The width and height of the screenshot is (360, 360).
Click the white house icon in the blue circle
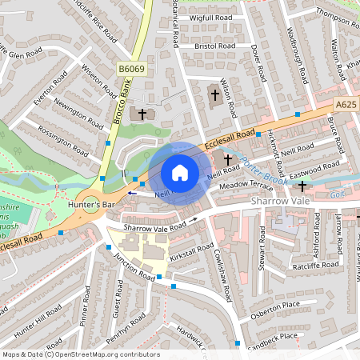tap(180, 172)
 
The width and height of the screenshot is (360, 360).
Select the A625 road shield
tap(346, 104)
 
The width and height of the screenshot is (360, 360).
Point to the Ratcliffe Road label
tap(315, 266)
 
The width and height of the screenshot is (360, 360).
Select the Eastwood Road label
tap(315, 169)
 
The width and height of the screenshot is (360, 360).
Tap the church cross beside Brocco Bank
tap(142, 114)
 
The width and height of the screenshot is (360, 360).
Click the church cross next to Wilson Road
tap(214, 96)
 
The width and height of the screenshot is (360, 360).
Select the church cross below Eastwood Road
tap(302, 186)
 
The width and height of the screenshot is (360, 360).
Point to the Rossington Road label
tap(73, 138)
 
